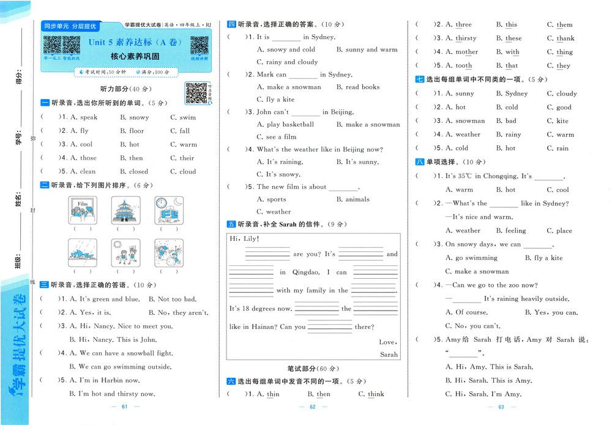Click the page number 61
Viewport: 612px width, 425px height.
point(124,407)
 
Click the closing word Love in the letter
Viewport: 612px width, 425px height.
point(387,342)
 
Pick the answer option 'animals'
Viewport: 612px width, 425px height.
point(357,199)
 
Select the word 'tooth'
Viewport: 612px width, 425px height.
point(464,66)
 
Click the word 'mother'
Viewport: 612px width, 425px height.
point(466,53)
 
